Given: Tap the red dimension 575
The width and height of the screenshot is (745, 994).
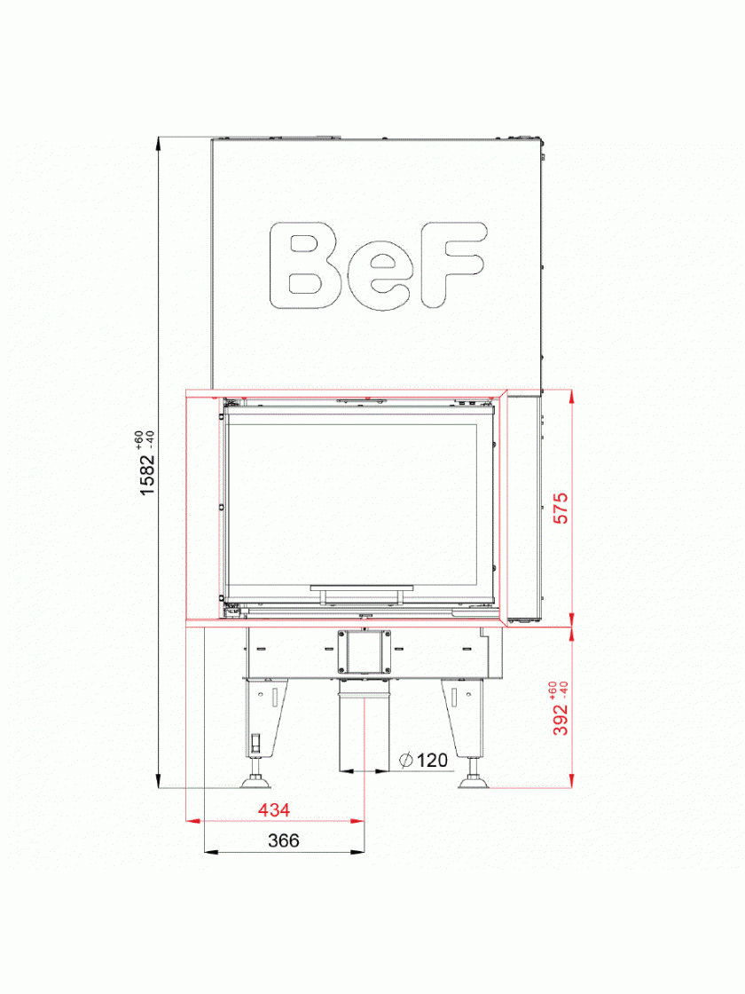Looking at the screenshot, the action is (561, 509).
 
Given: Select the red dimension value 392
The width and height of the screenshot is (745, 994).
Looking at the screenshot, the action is (561, 720).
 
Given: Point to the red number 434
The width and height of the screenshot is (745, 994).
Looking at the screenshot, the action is (274, 809).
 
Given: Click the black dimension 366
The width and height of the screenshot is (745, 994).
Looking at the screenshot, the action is (283, 840).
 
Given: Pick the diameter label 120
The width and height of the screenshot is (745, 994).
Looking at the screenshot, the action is (433, 760).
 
